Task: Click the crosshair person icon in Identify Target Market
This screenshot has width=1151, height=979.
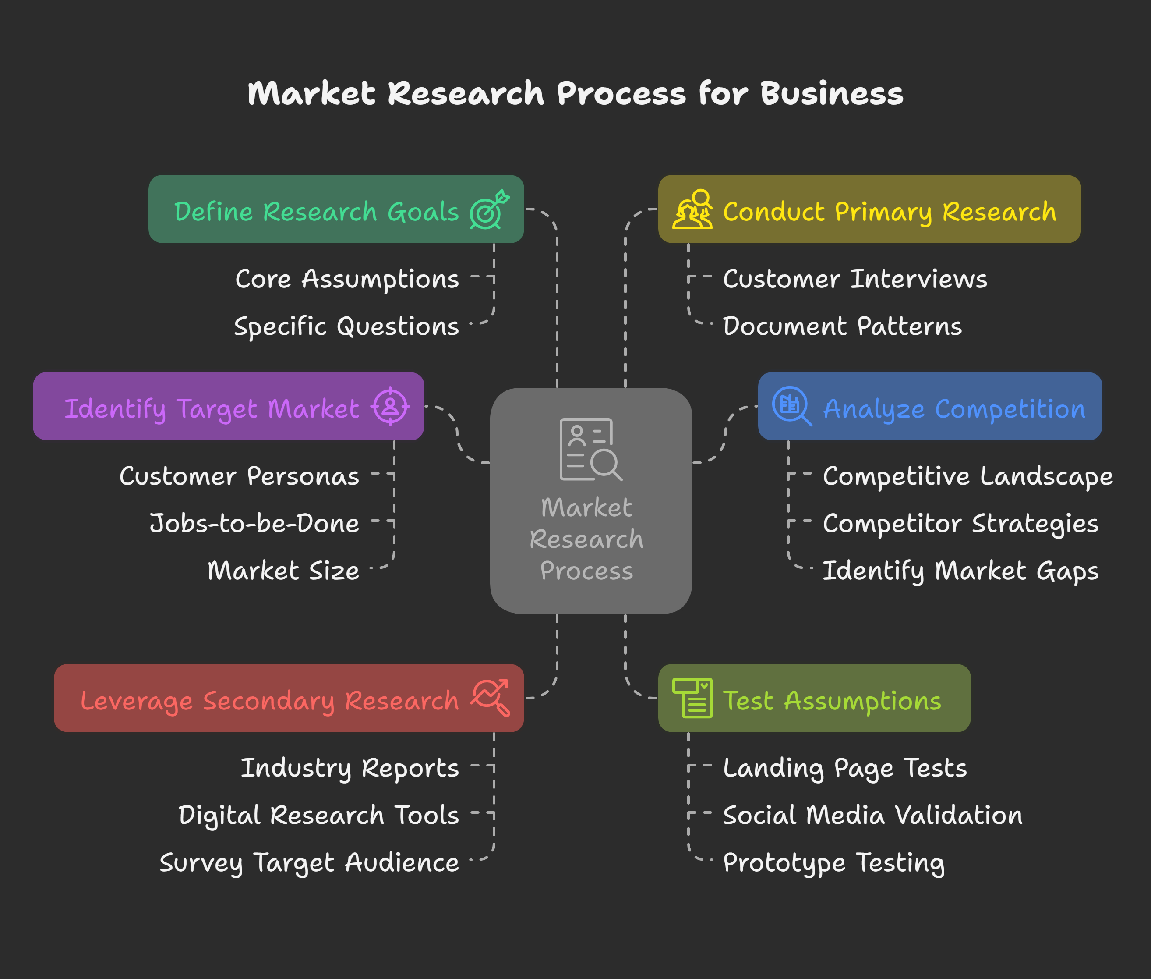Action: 391,406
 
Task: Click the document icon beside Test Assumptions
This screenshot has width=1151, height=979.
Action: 692,698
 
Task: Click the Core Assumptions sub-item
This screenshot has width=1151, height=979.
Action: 347,279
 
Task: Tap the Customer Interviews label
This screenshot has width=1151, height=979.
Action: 855,279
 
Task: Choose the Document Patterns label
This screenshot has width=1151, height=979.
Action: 842,326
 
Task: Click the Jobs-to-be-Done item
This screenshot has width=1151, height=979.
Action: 254,523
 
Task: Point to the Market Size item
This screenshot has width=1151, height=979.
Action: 283,571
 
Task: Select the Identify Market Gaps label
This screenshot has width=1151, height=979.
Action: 960,571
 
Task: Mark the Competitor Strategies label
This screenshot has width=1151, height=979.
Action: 960,523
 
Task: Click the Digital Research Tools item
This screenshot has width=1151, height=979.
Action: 318,815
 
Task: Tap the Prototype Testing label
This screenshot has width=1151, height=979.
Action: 834,863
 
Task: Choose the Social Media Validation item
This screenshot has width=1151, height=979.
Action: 872,815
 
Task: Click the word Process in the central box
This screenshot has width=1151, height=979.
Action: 586,571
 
